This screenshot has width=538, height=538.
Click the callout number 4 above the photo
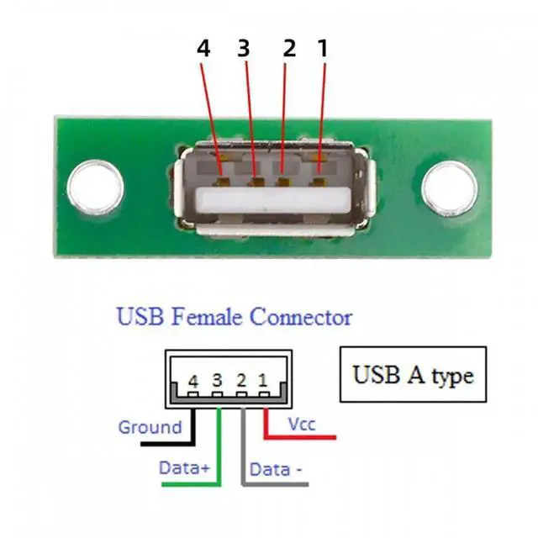coord(203,48)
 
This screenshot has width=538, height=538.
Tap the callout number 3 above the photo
coord(244,48)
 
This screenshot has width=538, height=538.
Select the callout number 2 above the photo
coord(289,48)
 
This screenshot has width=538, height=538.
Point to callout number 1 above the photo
coord(321,48)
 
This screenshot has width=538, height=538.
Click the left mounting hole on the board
coord(98,187)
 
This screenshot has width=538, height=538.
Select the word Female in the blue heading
coord(203,318)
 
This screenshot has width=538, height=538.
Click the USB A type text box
coord(413,373)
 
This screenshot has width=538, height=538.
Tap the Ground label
coord(150,427)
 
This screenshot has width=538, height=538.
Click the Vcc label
coord(301,425)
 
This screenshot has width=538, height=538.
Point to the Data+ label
coord(184,467)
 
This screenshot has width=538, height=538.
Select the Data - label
coord(276,468)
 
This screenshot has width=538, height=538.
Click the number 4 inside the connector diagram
coord(194,381)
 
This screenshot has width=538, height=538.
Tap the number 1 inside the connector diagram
coord(263,381)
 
